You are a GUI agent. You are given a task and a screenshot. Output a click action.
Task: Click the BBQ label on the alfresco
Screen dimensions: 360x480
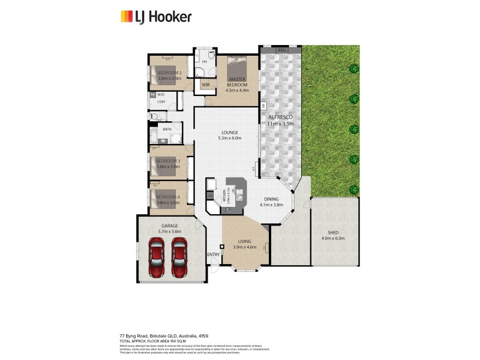click(x=282, y=51)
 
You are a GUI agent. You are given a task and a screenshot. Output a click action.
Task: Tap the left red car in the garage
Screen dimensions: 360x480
click(x=157, y=258)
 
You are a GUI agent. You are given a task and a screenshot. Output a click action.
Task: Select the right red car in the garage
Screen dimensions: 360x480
click(x=180, y=258)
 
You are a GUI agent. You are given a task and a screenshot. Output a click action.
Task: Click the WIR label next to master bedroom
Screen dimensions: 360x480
click(x=206, y=85)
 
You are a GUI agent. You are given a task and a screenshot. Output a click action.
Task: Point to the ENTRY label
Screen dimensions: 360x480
click(x=213, y=254)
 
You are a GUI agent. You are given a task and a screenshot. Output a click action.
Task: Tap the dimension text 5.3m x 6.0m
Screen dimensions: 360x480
click(x=229, y=138)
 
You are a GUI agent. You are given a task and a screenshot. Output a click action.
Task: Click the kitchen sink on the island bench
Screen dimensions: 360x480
click(x=239, y=194)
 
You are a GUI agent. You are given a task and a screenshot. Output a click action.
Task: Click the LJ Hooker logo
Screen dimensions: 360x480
click(x=156, y=16)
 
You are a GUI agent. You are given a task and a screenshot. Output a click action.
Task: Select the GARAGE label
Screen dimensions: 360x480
click(x=169, y=225)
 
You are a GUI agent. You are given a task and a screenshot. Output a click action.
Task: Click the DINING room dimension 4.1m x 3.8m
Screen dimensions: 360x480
click(x=271, y=205)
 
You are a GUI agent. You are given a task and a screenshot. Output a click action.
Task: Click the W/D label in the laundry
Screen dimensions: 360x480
click(x=161, y=95)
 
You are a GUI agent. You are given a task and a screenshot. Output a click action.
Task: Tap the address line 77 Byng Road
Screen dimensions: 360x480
click(x=163, y=335)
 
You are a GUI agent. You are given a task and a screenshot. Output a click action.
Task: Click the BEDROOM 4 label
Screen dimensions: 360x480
click(x=168, y=197)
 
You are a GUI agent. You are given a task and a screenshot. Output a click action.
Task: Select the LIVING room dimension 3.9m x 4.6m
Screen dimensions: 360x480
click(x=244, y=247)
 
